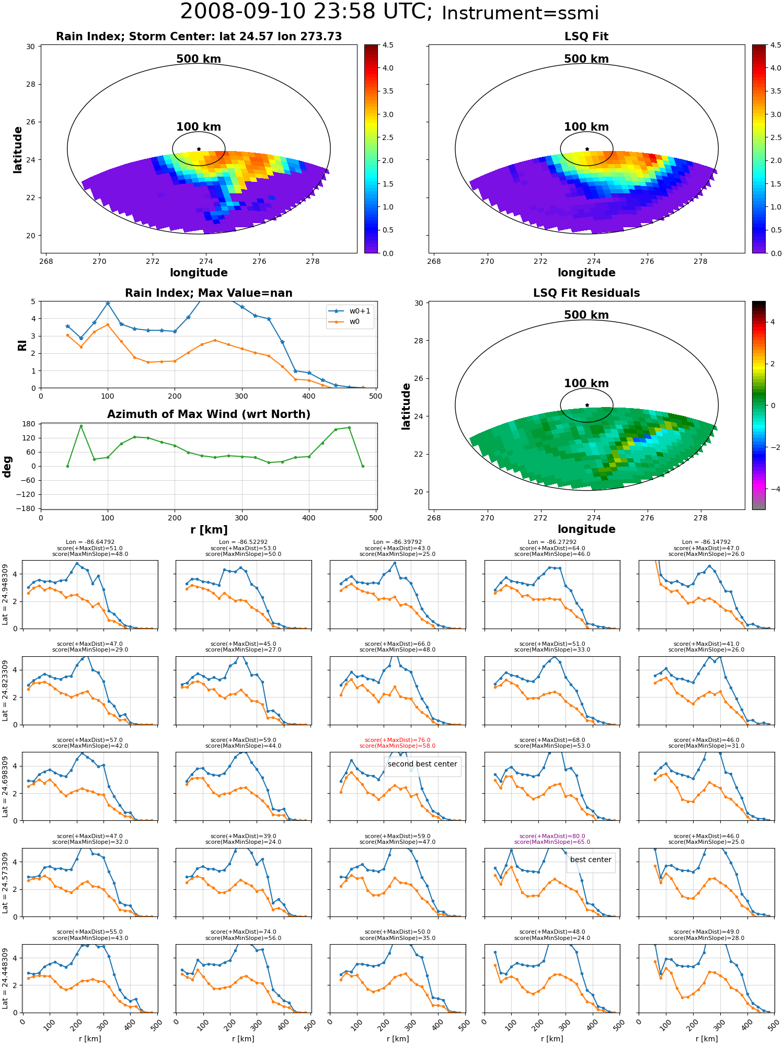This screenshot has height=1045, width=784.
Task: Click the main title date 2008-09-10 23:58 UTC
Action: pos(306,12)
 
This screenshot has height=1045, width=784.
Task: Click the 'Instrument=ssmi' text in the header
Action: pos(520,14)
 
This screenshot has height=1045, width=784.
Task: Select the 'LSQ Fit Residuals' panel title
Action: pos(586,293)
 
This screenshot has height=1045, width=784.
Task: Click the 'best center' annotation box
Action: pos(591,860)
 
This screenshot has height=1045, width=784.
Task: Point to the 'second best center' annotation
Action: pos(422,764)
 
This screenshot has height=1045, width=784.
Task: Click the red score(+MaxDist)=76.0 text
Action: pos(398,740)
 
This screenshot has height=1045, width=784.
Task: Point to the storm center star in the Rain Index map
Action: pos(199,149)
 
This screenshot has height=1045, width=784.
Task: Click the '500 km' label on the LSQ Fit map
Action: pos(586,59)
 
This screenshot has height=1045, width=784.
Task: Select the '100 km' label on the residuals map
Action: pos(586,384)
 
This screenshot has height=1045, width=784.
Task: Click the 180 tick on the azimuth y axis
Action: pos(29,424)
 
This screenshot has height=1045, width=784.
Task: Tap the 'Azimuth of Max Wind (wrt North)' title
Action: pos(209,414)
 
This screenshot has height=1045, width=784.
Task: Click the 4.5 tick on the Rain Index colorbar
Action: pos(388,45)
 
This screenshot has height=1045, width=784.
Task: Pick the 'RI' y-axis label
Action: pos(22,345)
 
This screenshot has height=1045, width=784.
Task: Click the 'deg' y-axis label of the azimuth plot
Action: pos(7,466)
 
